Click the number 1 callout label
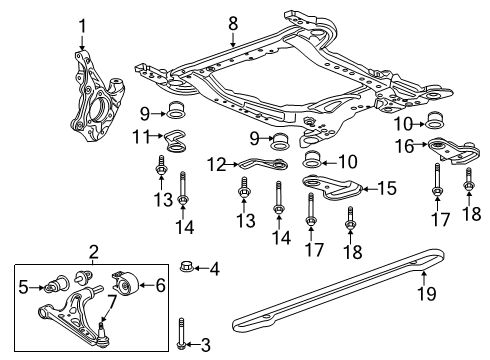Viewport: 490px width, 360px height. click(82, 26)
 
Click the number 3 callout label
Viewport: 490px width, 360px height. click(207, 346)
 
